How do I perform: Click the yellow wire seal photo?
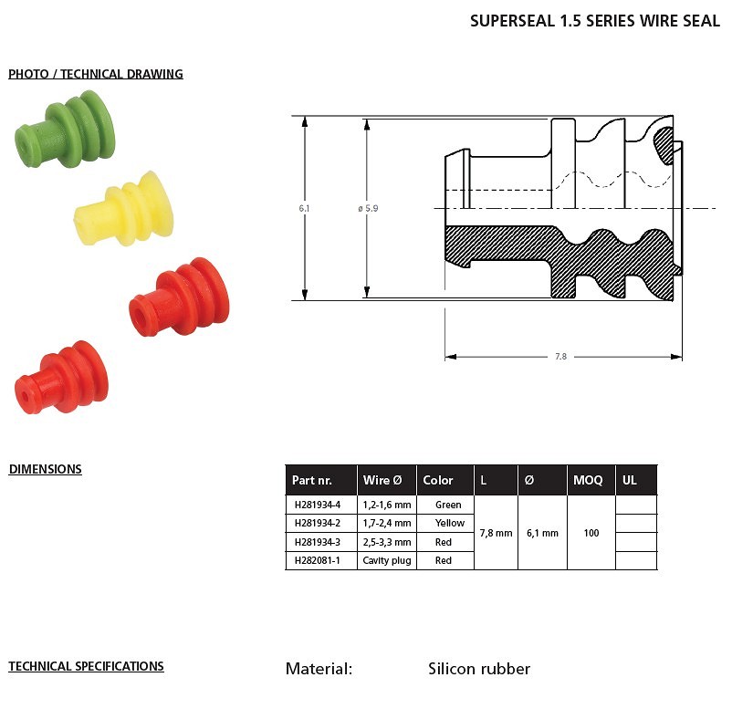point(124,209)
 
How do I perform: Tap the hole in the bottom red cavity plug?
point(25,396)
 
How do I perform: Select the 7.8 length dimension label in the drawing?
point(560,357)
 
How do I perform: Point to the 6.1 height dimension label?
point(304,208)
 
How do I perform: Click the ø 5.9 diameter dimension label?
point(368,208)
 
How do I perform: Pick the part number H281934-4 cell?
point(318,505)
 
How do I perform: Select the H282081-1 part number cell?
point(318,560)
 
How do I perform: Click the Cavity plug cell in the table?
point(387,560)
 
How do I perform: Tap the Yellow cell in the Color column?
point(450,523)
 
